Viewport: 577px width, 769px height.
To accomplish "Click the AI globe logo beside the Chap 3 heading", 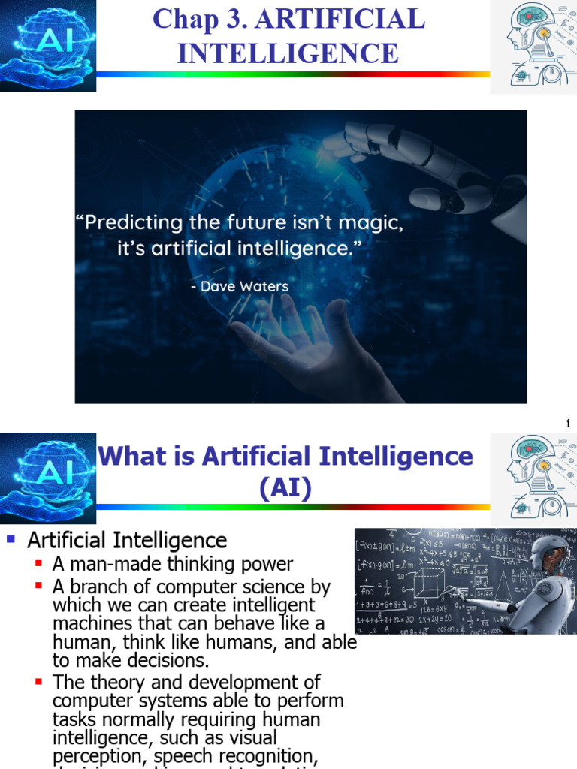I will coord(47,45).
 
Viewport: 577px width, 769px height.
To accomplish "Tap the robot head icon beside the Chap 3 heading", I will coord(533,47).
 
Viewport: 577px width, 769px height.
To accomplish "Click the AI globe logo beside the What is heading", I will coord(47,479).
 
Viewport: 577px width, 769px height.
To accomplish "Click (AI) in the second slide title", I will coord(285,489).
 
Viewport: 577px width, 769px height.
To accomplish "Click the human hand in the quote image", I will coord(301,345).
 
